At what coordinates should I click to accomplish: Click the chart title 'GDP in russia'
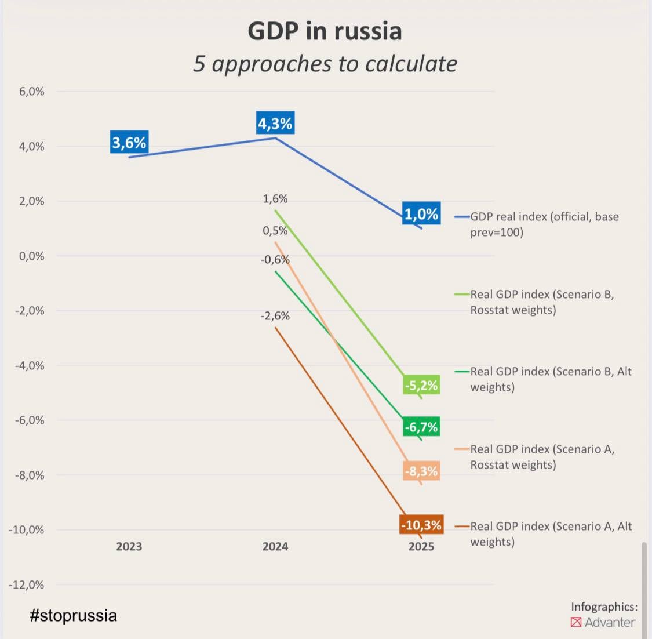coord(325,31)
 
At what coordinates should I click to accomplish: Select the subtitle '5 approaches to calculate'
coord(325,64)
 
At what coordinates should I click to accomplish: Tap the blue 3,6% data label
coord(129,143)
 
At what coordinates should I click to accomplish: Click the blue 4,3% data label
coord(275,124)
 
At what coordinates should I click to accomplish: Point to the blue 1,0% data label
coord(421,214)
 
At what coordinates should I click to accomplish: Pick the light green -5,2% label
coord(421,386)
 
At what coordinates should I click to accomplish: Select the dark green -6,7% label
coord(421,427)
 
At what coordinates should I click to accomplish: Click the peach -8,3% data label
coord(421,471)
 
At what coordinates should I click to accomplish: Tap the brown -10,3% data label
coord(421,525)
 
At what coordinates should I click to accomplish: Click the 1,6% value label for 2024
coord(275,199)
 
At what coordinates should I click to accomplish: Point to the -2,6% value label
coord(275,316)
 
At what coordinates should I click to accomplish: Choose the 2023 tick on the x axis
coord(129,546)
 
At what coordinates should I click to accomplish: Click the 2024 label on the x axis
coord(275,546)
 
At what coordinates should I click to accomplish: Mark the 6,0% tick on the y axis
coord(31,92)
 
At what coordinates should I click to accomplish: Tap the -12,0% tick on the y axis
coord(27,584)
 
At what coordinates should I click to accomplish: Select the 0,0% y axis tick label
coord(31,256)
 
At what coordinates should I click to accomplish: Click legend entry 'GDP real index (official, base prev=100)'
coord(544,224)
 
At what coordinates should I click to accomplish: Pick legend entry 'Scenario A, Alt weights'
coord(550,534)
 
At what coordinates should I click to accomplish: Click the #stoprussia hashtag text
coord(74,615)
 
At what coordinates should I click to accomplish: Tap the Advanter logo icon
coord(576,622)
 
